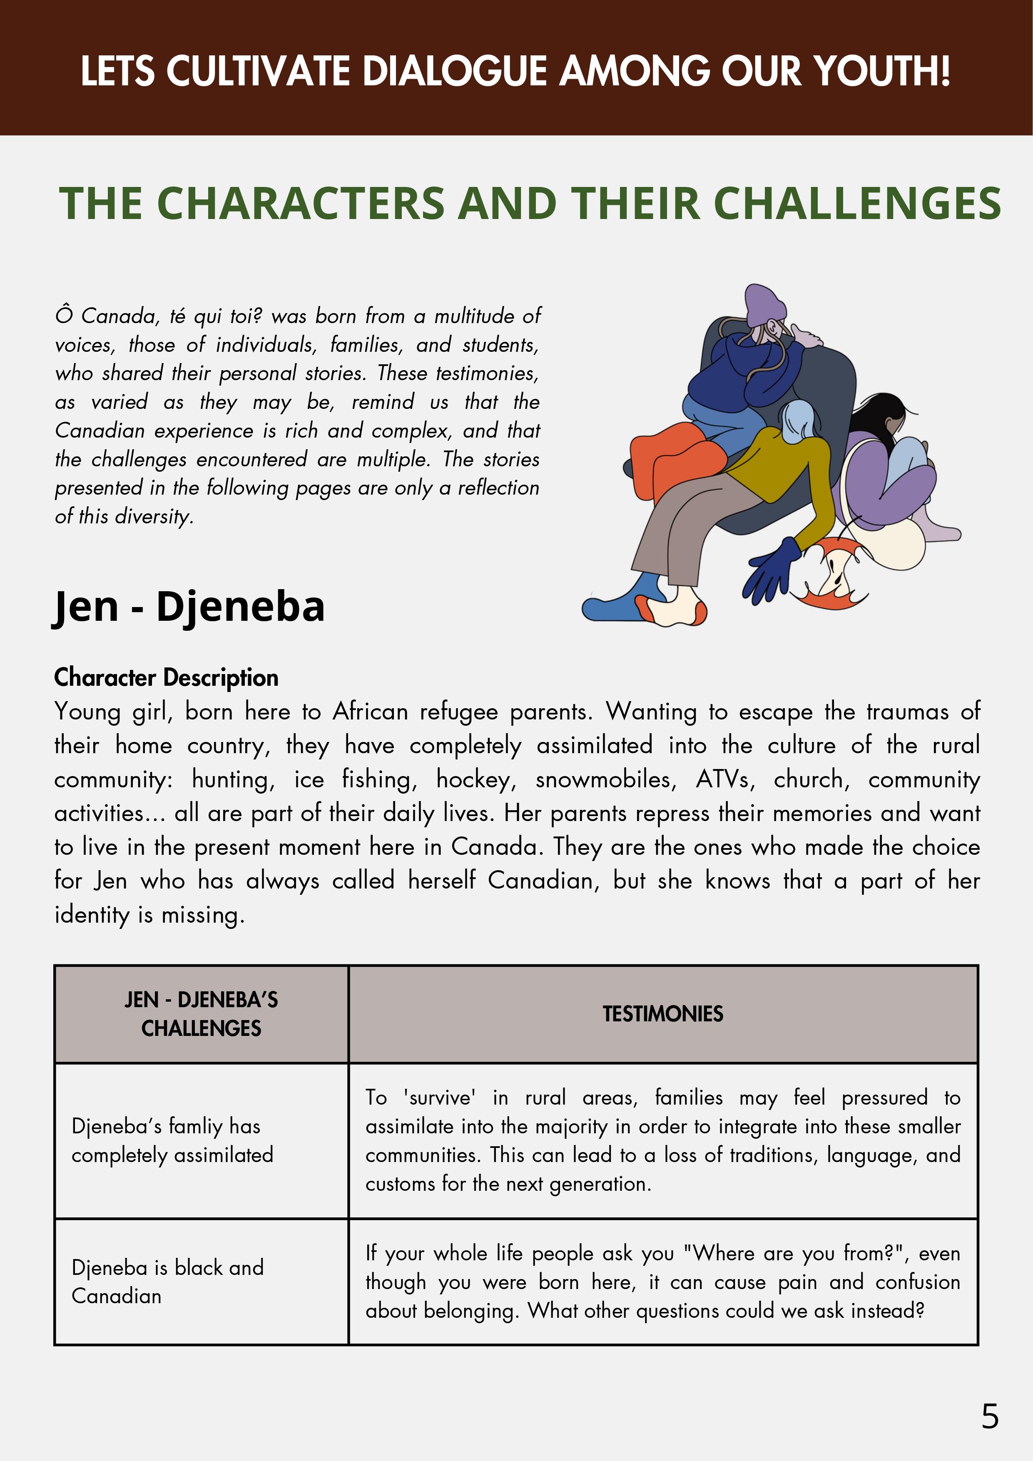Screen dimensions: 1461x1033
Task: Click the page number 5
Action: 990,1416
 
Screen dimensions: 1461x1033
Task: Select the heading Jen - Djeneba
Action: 189,606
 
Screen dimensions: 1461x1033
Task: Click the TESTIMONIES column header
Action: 662,1014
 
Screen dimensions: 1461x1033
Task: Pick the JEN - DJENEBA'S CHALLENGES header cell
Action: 201,1014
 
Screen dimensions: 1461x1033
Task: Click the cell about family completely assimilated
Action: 172,1140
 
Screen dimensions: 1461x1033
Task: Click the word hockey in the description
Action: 476,779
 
